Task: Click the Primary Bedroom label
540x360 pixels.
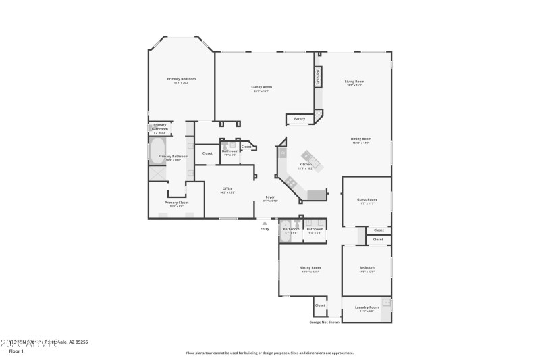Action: click(181, 79)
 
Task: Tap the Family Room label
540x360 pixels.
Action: click(261, 87)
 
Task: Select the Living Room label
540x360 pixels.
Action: click(354, 82)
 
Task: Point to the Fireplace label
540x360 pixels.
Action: click(317, 78)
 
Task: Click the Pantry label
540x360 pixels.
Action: click(299, 119)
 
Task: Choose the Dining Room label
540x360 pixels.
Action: click(360, 139)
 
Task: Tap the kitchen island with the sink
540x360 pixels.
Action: click(313, 159)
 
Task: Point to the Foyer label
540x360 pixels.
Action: click(269, 197)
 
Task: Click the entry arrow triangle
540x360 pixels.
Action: click(265, 222)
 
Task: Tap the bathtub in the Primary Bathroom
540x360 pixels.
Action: click(158, 149)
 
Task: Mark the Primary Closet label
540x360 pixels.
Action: click(176, 203)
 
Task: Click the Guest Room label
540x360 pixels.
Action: click(367, 200)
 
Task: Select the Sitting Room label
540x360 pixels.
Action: click(310, 268)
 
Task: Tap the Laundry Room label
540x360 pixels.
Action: click(367, 307)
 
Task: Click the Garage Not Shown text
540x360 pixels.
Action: click(324, 322)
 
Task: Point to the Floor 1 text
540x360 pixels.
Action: click(16, 351)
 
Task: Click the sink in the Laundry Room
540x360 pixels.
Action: click(386, 303)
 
